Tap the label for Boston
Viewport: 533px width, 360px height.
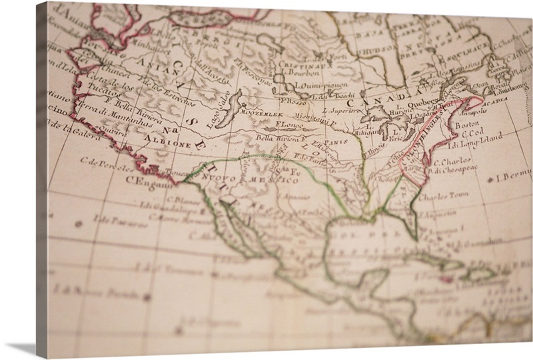(466, 125)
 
